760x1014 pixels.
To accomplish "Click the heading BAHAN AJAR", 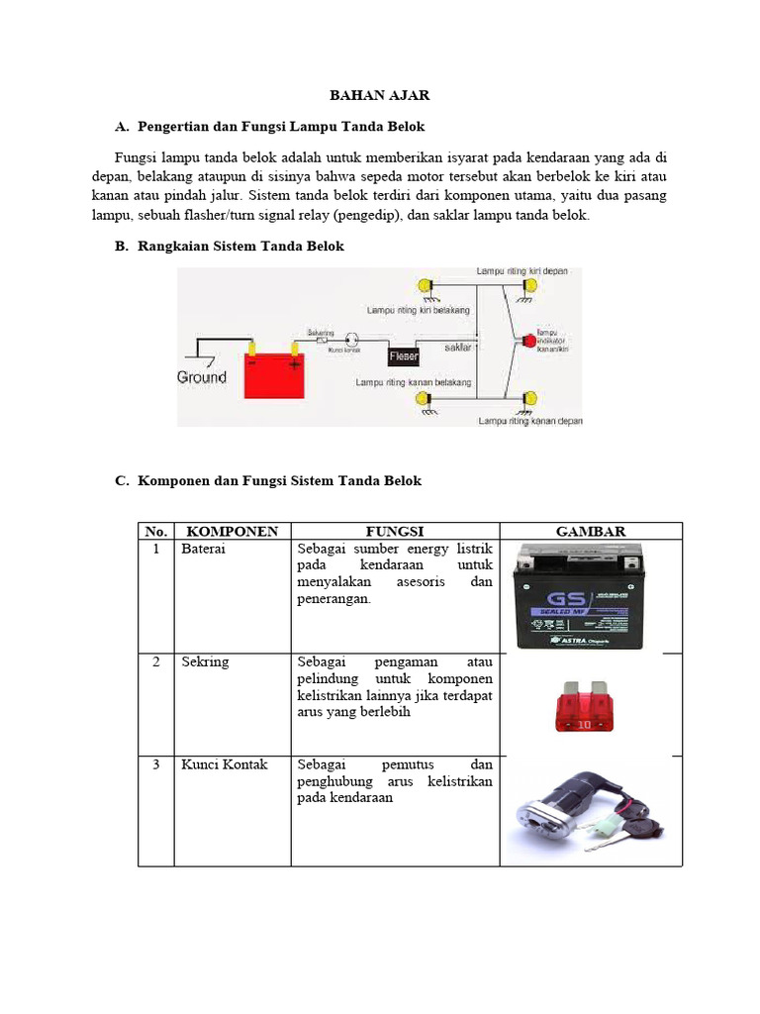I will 380,95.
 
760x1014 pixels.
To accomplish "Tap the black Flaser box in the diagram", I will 404,355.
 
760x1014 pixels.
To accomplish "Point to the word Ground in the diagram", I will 202,377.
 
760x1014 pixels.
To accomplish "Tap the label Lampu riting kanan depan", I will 529,420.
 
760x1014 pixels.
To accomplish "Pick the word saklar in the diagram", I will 457,348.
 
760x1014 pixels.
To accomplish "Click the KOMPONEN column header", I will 233,532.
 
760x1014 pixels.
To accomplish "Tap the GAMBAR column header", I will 591,532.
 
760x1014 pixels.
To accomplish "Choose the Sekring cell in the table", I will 205,662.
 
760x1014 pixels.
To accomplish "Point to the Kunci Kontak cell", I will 224,765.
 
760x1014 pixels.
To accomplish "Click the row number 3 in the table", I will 156,765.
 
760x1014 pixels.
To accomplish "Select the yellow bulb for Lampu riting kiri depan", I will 530,286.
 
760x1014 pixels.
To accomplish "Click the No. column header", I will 156,532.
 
